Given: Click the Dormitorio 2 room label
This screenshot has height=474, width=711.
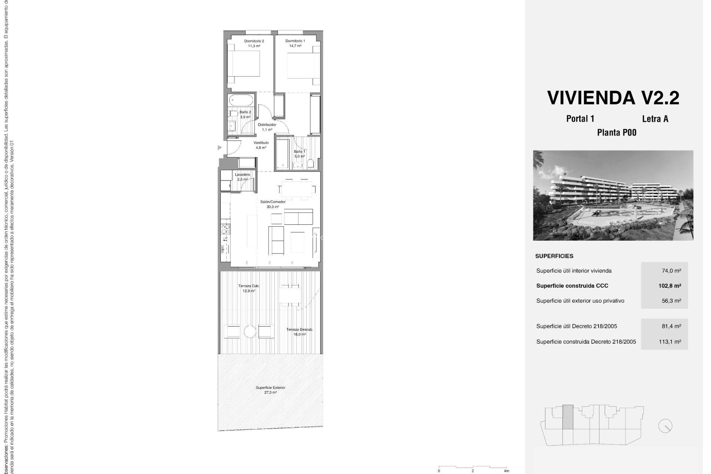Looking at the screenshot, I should tap(254, 43).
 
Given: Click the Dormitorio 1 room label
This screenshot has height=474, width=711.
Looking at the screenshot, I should tap(295, 43).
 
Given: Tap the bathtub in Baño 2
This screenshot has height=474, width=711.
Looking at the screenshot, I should tap(241, 100).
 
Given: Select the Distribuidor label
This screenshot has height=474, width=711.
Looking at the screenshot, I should tap(267, 127).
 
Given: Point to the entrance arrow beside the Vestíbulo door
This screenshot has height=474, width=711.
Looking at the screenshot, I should tap(220, 147).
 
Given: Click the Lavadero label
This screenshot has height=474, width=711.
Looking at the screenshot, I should tap(243, 177).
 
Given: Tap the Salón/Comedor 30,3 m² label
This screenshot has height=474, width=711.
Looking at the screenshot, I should tap(273, 204).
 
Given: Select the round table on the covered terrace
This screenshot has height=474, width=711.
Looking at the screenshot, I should tap(250, 331).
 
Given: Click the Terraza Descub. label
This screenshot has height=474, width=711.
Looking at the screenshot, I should tap(300, 331).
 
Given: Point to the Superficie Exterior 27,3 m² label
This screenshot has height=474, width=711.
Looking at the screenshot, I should tap(270, 390).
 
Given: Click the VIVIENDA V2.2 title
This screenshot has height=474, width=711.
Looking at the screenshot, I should tap(613, 98).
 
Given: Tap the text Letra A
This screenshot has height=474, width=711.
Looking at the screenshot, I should tap(655, 119).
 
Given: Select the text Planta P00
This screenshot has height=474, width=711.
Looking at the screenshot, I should tap(617, 133).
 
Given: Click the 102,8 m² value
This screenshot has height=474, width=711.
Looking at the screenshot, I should tap(670, 286).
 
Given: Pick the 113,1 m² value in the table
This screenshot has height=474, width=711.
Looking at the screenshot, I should tap(670, 342).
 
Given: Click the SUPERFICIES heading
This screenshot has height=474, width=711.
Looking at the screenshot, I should tap(554, 256).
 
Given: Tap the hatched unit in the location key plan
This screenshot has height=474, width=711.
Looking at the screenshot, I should tap(568, 417).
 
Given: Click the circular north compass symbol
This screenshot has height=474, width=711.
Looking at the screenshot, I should tap(665, 426).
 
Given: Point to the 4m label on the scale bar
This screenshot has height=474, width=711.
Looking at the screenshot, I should tap(506, 471).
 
